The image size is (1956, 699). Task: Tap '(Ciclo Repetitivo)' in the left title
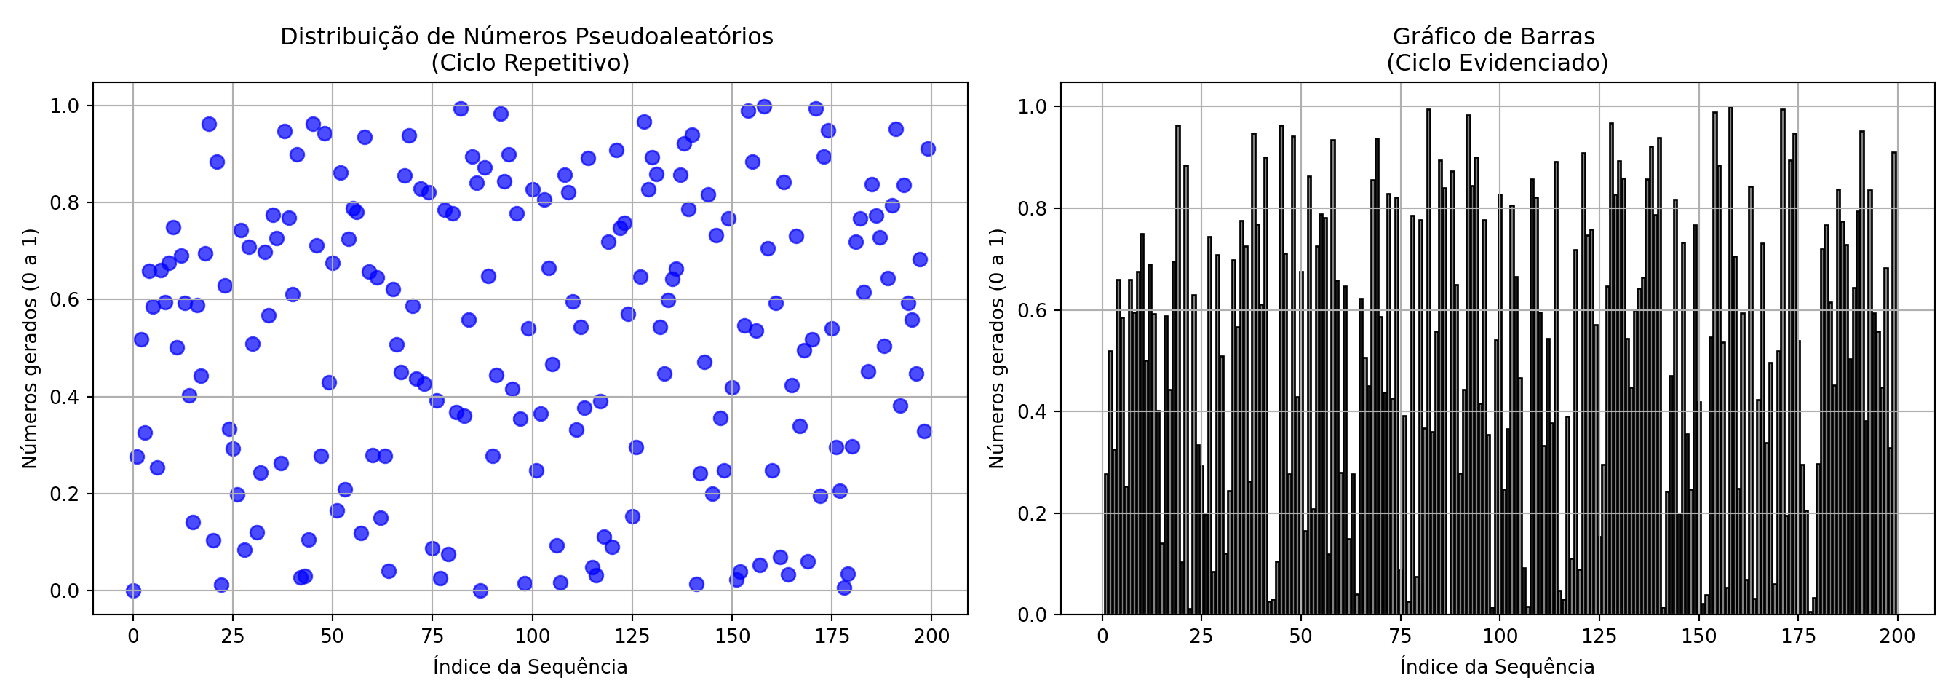click(530, 63)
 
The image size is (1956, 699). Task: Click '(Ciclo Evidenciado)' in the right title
click(1497, 63)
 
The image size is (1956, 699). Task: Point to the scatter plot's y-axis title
click(30, 349)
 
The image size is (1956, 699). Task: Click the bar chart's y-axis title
click(997, 349)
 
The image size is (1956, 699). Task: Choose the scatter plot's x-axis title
click(530, 667)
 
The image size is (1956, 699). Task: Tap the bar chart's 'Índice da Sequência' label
click(1497, 667)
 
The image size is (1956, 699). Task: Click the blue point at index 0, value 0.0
click(133, 591)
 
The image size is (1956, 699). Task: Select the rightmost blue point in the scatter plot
click(927, 149)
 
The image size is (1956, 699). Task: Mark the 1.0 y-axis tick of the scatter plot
click(65, 106)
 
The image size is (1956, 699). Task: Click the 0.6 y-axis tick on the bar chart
click(1032, 310)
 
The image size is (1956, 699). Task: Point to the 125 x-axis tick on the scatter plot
click(632, 636)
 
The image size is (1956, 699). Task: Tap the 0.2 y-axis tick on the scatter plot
click(65, 494)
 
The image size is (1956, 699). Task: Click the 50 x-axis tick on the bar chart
click(1300, 636)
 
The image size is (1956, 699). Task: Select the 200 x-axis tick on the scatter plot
click(931, 636)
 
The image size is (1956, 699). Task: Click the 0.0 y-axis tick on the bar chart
click(1032, 615)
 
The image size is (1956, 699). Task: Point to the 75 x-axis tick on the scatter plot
click(432, 636)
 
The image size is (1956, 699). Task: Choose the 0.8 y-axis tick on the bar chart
click(1032, 208)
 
